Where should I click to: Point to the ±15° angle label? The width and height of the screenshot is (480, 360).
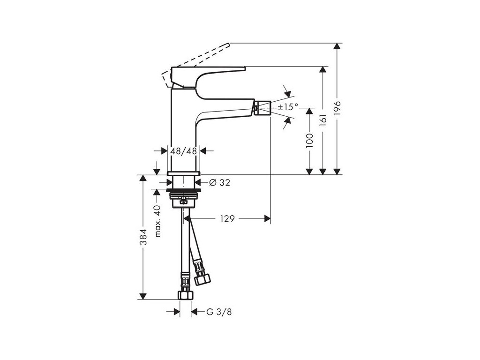(x=287, y=107)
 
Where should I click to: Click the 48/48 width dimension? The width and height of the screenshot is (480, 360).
(x=184, y=151)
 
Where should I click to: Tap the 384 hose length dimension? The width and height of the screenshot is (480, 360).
(x=144, y=237)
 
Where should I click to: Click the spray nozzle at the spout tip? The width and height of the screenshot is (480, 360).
(x=262, y=108)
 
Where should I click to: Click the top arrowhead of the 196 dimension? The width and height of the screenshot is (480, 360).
(x=337, y=47)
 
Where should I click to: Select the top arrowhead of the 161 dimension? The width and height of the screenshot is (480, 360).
(x=322, y=70)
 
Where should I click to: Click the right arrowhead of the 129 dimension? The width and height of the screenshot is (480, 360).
(x=267, y=218)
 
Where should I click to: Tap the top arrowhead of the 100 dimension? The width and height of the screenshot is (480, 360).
(x=309, y=111)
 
